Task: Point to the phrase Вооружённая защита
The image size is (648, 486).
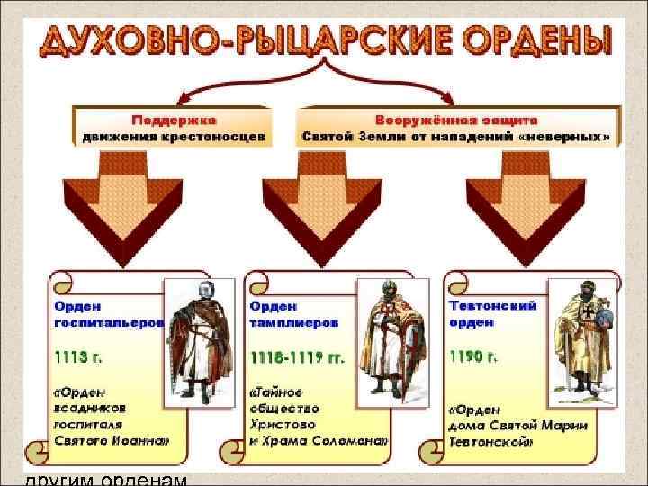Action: click(x=457, y=120)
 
